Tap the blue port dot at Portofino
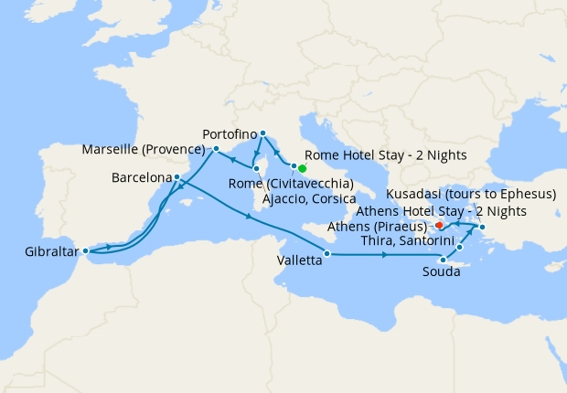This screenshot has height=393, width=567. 262,133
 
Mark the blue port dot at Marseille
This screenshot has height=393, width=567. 216,148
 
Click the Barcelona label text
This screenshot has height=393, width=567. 141,176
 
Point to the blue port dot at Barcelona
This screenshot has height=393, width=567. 177,176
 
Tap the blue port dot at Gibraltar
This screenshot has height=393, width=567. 85,250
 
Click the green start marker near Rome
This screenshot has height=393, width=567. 302,168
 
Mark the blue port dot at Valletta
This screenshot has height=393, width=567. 326,253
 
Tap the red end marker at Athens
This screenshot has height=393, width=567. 439,224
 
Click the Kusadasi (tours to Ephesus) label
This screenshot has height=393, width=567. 470,195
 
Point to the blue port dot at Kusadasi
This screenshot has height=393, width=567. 482,227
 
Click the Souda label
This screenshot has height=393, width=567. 441,272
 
